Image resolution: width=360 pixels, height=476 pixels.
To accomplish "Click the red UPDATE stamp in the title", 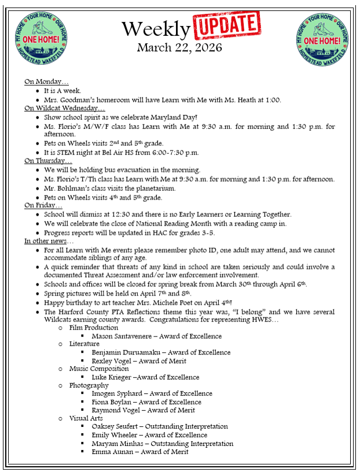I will [x=226, y=25].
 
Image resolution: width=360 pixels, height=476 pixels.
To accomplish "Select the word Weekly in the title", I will [x=156, y=28].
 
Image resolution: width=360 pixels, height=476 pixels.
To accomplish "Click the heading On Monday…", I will [x=46, y=82].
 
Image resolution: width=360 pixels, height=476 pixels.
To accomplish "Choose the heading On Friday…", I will [x=43, y=205].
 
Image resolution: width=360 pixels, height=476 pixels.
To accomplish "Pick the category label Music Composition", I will [x=99, y=369].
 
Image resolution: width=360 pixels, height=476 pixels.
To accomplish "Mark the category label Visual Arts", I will [x=86, y=418].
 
